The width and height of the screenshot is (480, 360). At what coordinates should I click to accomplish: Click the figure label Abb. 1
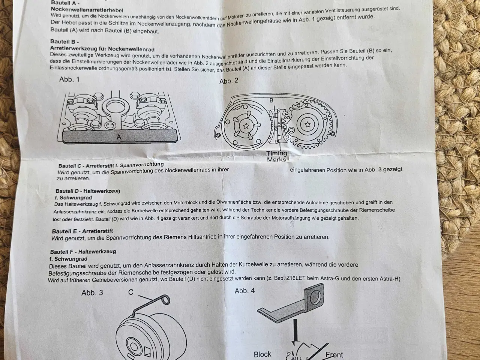tap(69, 79)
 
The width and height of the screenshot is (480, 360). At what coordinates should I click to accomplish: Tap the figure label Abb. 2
tap(229, 81)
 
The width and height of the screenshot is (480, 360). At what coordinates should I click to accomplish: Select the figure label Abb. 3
tap(92, 292)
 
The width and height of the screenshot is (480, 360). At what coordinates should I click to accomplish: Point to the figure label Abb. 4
tap(245, 291)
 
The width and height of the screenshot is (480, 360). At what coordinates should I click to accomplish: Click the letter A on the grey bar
tap(119, 137)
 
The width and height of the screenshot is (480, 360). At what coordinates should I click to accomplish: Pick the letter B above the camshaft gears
tap(271, 100)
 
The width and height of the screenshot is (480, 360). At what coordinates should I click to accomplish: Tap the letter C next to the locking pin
tap(131, 292)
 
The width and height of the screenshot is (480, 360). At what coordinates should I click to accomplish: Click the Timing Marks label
tap(277, 156)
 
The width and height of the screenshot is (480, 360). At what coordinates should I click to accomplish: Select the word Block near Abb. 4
tap(262, 354)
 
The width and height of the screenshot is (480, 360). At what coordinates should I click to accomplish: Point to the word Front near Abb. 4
tap(334, 354)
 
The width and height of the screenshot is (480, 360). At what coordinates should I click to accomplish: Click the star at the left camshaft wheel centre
tap(246, 126)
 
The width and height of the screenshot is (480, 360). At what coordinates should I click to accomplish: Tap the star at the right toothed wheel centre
tap(307, 124)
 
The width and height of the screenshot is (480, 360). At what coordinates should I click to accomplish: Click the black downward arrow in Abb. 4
tap(295, 333)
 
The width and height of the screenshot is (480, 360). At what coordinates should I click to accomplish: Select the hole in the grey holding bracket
tap(315, 297)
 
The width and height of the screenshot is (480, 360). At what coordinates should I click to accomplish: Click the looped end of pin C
tap(166, 300)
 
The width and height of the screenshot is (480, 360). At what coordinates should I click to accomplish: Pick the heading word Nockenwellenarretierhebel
tap(87, 10)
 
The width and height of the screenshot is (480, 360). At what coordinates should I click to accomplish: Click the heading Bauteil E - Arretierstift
tap(82, 231)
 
